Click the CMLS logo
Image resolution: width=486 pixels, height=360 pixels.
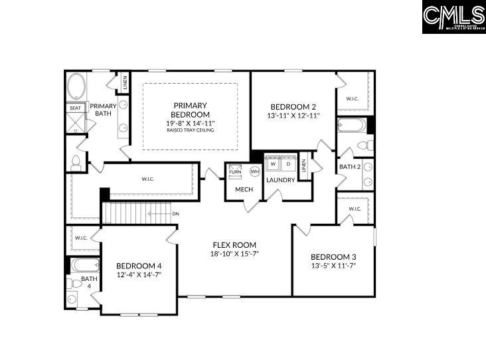[453, 17]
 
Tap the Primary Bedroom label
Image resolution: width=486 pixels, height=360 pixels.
[191, 110]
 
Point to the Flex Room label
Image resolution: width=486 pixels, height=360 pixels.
[234, 244]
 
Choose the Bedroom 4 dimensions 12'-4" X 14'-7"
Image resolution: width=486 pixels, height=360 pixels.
[139, 274]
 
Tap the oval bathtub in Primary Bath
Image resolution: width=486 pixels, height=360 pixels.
[76, 87]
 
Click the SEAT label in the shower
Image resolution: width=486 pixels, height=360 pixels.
[75, 108]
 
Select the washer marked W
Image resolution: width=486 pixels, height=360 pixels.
[273, 163]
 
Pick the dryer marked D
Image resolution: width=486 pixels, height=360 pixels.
[289, 163]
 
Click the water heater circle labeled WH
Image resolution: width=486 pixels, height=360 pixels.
[254, 171]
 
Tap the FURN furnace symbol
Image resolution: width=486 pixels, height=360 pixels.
[235, 171]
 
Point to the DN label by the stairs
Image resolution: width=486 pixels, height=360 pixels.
[175, 214]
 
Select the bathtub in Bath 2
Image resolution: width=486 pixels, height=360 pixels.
[351, 125]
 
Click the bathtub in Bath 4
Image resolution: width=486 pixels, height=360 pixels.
[85, 265]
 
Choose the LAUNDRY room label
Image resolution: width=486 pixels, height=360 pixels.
[281, 180]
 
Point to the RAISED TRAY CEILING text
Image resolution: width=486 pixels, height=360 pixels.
[191, 130]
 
